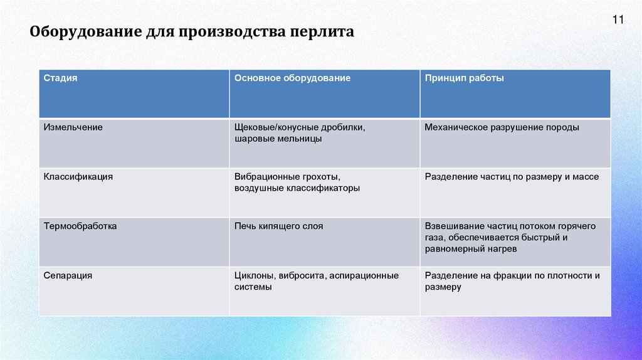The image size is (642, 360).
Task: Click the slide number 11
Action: pyautogui.click(x=618, y=20)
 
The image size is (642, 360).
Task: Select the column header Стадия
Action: pyautogui.click(x=61, y=78)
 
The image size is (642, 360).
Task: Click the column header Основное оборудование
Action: pyautogui.click(x=292, y=78)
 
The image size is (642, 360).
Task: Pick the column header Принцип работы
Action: pyautogui.click(x=464, y=78)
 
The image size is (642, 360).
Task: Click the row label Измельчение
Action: pyautogui.click(x=73, y=127)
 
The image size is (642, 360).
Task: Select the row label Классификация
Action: pyautogui.click(x=78, y=177)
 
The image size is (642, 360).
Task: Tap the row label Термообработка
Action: pyautogui.click(x=80, y=226)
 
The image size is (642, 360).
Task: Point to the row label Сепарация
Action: pyautogui.click(x=68, y=275)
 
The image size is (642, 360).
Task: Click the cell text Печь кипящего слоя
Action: pyautogui.click(x=279, y=226)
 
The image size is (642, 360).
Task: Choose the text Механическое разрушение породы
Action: pyautogui.click(x=502, y=127)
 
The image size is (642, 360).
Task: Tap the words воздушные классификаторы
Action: pyautogui.click(x=297, y=188)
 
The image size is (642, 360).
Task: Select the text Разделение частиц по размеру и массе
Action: pyautogui.click(x=512, y=177)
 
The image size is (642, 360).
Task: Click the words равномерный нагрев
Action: pyautogui.click(x=470, y=249)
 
